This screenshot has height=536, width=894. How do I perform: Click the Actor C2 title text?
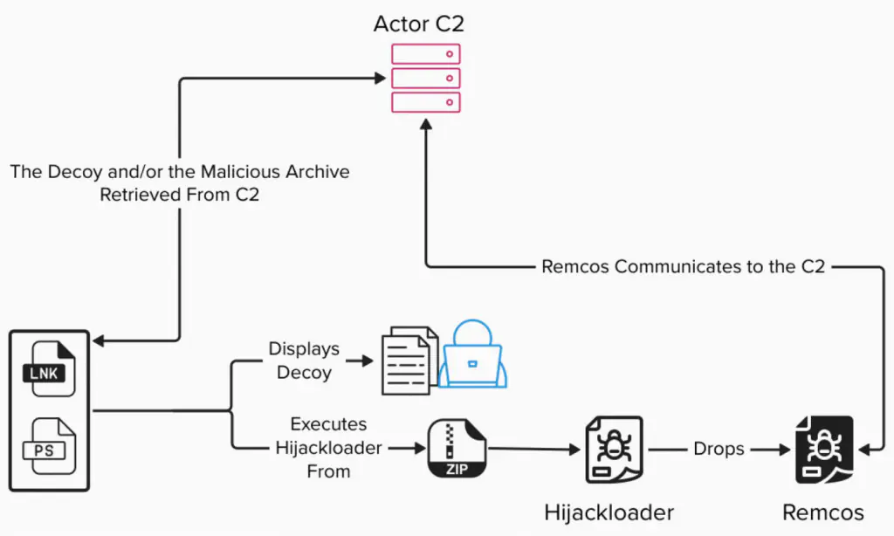[419, 23]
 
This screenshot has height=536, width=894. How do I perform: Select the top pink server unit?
[425, 54]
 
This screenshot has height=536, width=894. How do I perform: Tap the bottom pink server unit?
[425, 102]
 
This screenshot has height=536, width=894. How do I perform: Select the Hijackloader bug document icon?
[612, 449]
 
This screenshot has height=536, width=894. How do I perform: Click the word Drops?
[719, 449]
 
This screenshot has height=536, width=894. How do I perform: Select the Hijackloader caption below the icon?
[609, 511]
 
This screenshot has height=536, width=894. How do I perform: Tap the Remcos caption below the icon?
[824, 512]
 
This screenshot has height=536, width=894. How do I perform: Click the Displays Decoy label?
[303, 360]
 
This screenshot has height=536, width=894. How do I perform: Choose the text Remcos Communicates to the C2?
[683, 266]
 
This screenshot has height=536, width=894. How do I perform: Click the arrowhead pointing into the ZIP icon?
[418, 449]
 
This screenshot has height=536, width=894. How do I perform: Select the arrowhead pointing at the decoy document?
[370, 360]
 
